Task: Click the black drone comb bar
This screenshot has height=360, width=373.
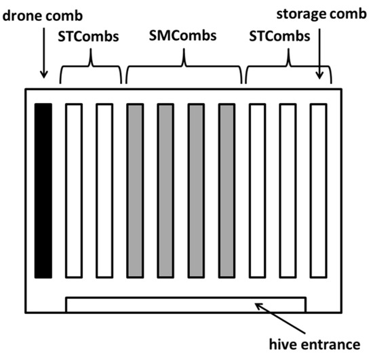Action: (43, 191)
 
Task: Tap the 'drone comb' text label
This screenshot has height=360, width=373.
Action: (43, 16)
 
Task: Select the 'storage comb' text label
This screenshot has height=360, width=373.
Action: (321, 14)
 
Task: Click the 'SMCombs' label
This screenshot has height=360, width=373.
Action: (182, 36)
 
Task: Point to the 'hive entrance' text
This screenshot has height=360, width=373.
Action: (315, 344)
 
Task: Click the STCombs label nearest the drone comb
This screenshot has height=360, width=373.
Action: (88, 37)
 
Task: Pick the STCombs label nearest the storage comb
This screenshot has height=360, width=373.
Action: (279, 37)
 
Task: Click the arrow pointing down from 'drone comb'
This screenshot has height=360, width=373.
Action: (44, 53)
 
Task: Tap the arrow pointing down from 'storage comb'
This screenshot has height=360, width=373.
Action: (319, 54)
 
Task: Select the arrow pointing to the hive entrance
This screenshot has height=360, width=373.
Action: (280, 318)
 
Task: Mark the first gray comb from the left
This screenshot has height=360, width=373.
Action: (135, 191)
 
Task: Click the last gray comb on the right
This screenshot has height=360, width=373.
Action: (227, 191)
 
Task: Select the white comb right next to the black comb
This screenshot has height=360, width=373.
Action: (74, 191)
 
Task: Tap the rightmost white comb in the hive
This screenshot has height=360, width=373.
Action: (319, 191)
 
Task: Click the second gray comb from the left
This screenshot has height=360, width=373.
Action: (165, 191)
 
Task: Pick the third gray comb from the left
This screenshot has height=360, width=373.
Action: (196, 191)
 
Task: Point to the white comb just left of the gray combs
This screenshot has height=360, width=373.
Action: (104, 191)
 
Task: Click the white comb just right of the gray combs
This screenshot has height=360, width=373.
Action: (258, 191)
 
